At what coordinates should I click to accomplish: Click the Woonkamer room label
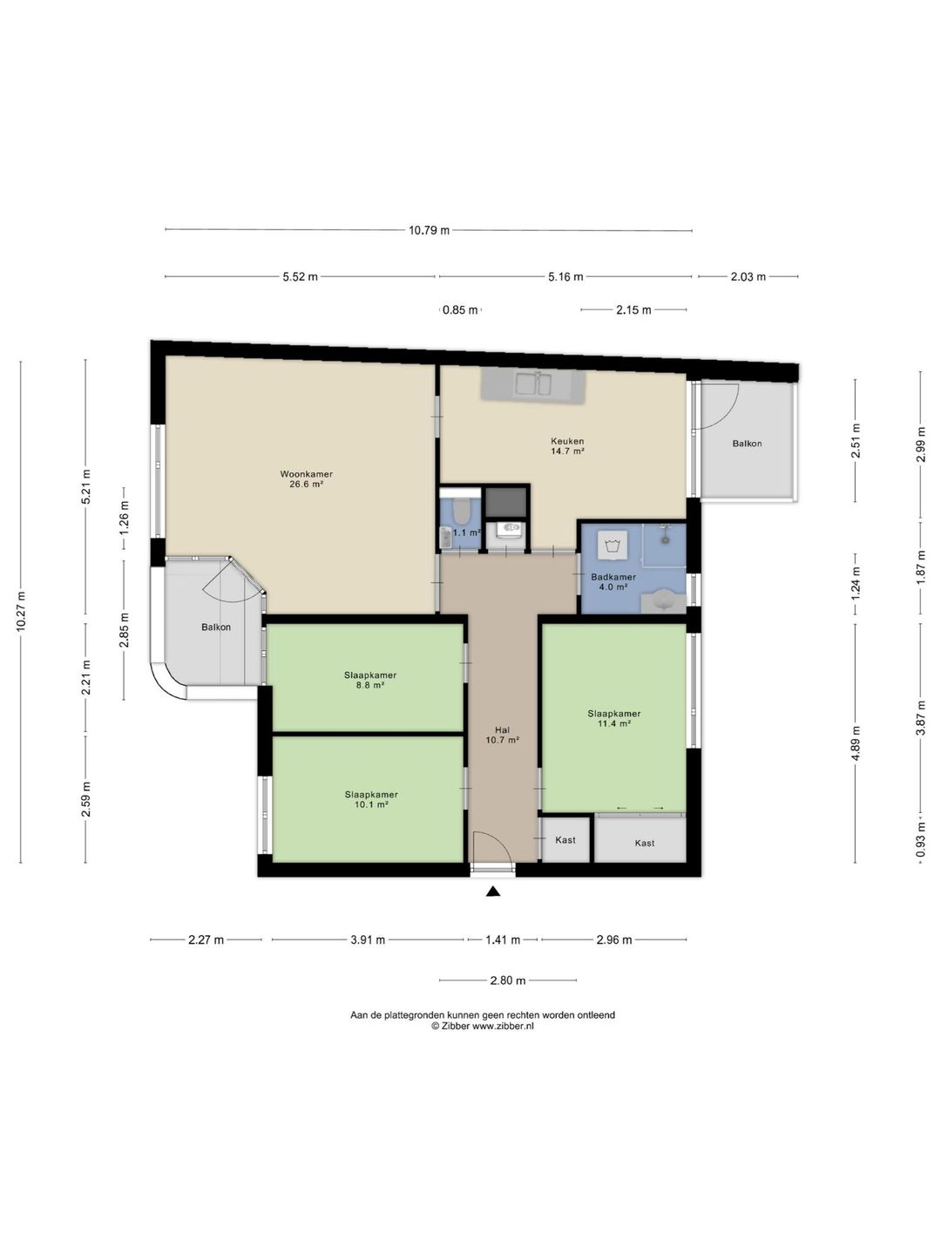[x=306, y=479]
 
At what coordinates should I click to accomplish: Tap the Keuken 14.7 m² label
[x=567, y=446]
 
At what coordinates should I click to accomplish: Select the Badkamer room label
[x=613, y=582]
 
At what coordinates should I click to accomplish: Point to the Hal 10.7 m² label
[x=502, y=735]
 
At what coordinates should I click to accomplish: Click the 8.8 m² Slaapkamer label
[x=370, y=680]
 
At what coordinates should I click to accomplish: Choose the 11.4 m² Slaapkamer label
[x=614, y=718]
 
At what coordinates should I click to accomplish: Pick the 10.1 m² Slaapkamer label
[x=371, y=799]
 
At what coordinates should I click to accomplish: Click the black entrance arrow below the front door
[x=493, y=892]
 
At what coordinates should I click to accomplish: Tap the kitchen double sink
[x=533, y=383]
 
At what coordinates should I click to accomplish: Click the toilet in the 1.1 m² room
[x=461, y=511]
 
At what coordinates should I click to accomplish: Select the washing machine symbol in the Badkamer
[x=613, y=545]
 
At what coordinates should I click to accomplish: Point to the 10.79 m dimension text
[x=429, y=230]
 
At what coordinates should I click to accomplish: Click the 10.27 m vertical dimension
[x=21, y=612]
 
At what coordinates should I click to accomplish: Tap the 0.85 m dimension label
[x=461, y=310]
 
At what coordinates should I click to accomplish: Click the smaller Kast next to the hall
[x=565, y=840]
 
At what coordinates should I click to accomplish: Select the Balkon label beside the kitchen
[x=748, y=443]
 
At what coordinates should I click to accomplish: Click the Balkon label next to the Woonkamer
[x=216, y=627]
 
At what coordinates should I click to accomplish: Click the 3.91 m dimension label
[x=368, y=940]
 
